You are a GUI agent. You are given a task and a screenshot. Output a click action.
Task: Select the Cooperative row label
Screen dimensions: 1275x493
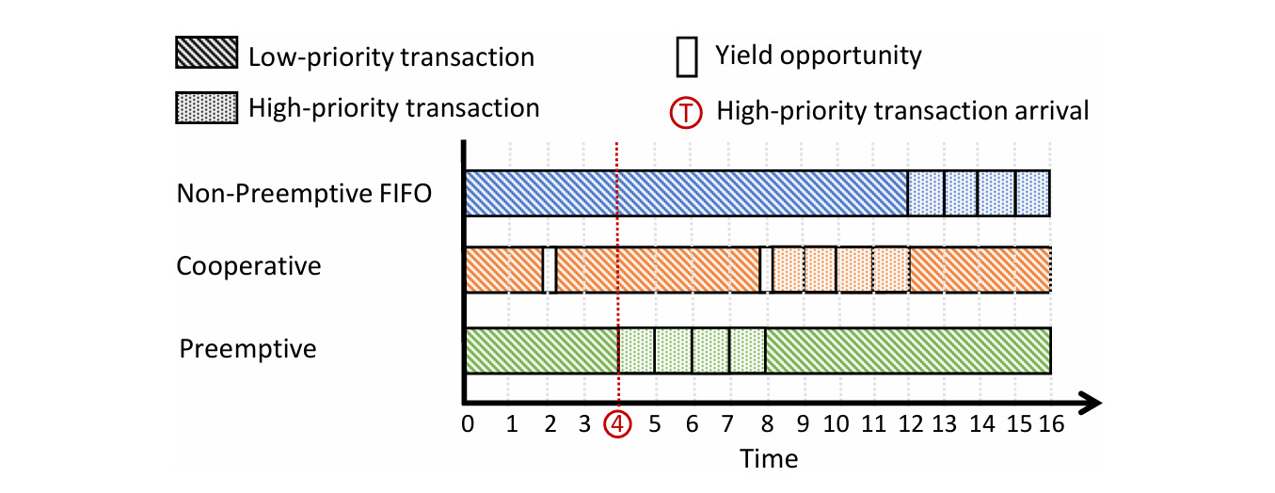[x=248, y=266]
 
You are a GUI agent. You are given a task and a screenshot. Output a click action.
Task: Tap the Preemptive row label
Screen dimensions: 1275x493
[x=247, y=349]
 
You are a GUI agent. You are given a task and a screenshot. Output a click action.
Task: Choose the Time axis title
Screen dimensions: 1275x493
[x=769, y=459]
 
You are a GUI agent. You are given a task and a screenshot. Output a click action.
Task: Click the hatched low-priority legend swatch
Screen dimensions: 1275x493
[x=206, y=55]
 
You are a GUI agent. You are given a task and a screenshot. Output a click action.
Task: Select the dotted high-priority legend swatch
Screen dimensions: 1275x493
[x=206, y=108]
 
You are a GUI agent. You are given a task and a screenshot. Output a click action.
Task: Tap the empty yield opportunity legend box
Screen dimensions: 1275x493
[x=688, y=56]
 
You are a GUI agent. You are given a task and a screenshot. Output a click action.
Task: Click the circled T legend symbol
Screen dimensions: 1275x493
[x=689, y=112]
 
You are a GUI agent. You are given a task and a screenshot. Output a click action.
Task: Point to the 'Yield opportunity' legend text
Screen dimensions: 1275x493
[x=818, y=56]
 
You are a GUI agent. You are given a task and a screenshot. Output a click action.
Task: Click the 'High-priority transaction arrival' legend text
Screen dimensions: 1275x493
[x=902, y=111]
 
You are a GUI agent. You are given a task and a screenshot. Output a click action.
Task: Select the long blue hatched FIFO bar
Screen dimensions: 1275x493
[x=686, y=195]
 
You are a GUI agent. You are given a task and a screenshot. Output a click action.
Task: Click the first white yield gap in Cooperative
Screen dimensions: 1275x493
[x=550, y=269]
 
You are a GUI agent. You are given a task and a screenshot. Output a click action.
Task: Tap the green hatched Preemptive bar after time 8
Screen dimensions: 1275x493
[x=907, y=350]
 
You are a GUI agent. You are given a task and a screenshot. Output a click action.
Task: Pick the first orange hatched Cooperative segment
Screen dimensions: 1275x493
[x=504, y=269]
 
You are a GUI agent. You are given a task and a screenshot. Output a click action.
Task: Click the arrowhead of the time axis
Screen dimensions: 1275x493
[x=1092, y=404]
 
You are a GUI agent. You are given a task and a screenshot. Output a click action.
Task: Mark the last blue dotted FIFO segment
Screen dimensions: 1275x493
[x=1032, y=195]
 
